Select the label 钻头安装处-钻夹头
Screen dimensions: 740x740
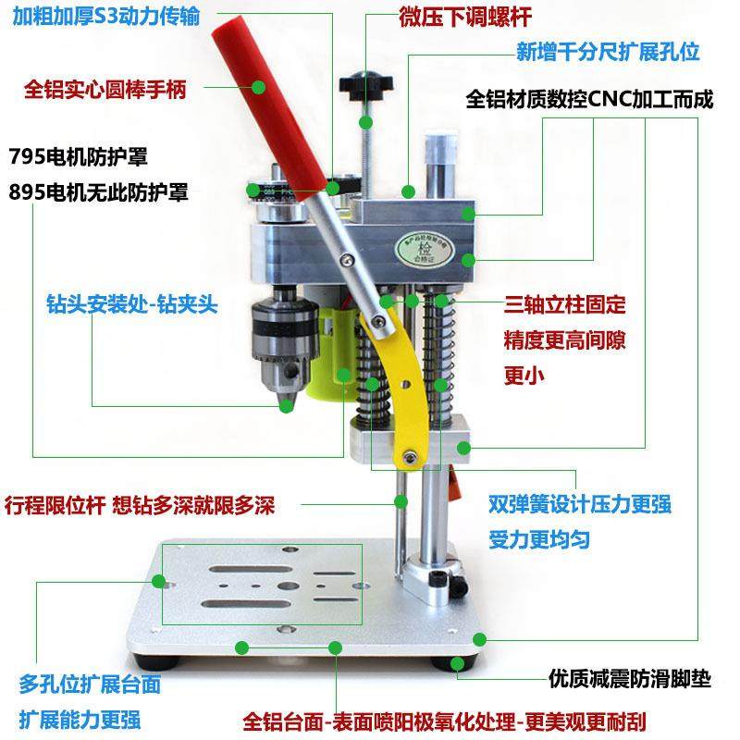coord(131,303)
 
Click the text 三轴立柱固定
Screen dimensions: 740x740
coord(564,304)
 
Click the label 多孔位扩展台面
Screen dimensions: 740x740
coord(90,684)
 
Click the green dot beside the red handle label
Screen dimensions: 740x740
coord(260,89)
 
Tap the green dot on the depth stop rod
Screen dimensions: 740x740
coord(401,501)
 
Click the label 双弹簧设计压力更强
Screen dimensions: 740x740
coord(580,504)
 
